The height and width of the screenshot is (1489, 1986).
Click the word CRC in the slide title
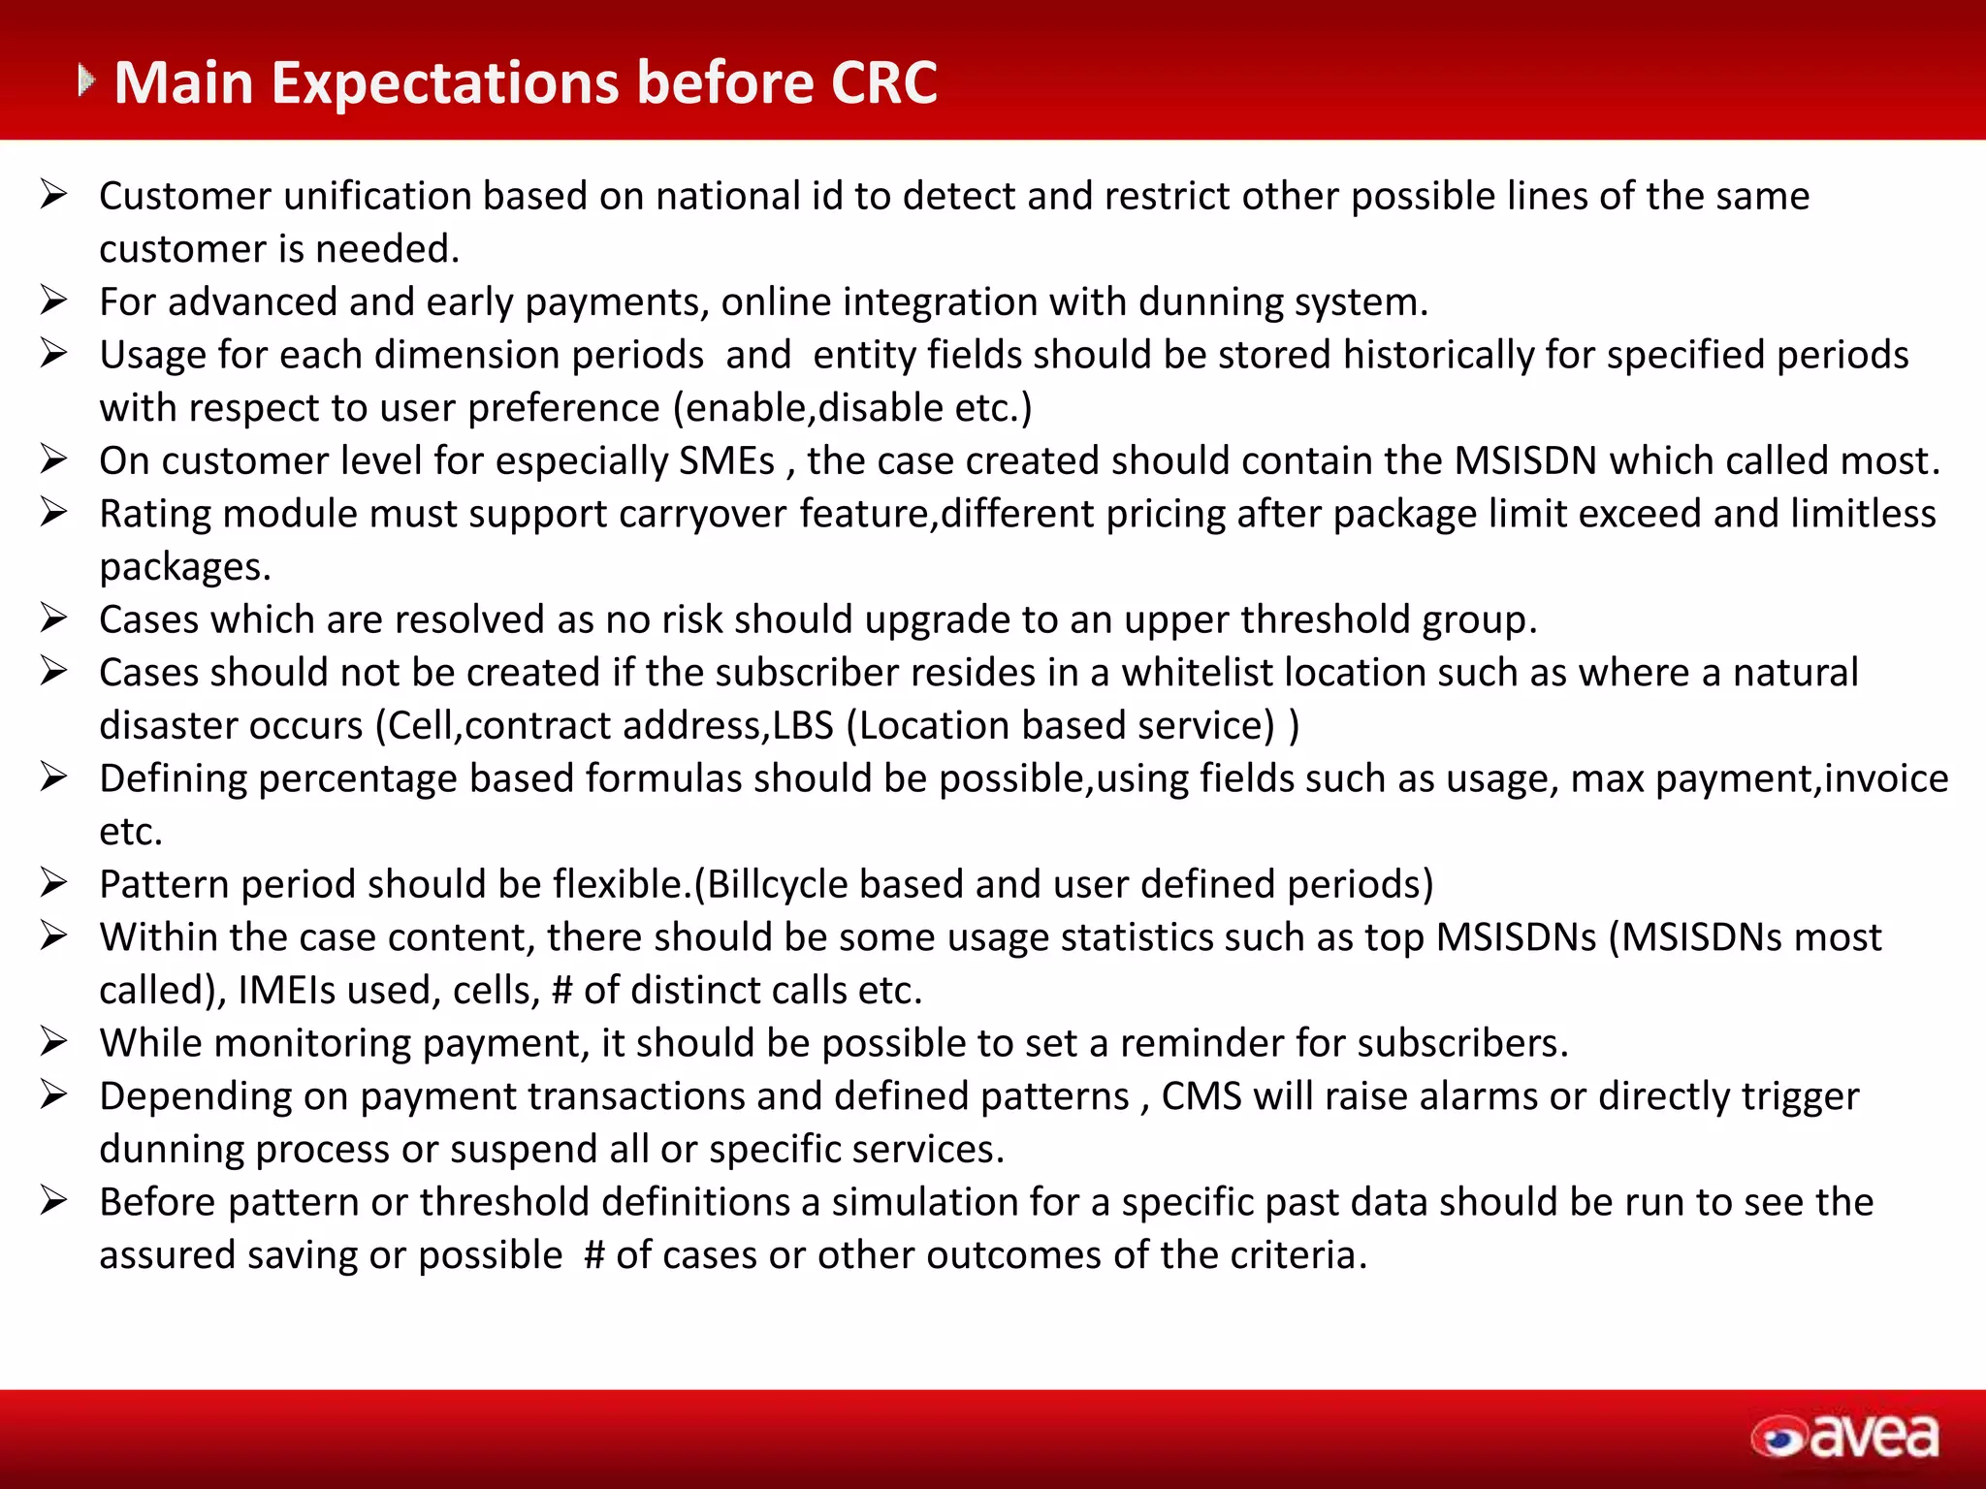883,82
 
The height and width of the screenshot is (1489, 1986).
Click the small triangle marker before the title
86,80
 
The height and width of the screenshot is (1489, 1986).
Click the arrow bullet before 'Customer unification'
53,195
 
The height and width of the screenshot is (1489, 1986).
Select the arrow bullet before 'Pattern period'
53,883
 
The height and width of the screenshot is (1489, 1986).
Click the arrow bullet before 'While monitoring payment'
53,1042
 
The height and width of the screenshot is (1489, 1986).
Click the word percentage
358,778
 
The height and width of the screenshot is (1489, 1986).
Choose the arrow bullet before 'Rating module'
53,513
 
